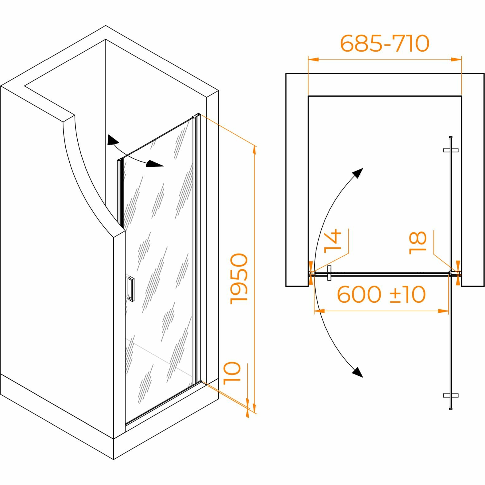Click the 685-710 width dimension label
tap(385, 43)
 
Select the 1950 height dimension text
tap(239, 279)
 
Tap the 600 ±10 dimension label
tap(381, 294)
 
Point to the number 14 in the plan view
tap(333, 240)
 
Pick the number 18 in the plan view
tap(418, 243)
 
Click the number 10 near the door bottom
tap(232, 373)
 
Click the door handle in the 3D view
tap(131, 289)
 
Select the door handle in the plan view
tap(329, 273)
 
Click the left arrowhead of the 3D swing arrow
tap(112, 140)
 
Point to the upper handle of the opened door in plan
tap(451, 150)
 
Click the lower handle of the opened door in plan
tap(451, 395)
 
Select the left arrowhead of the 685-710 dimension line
tap(312, 60)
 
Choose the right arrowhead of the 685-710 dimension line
tap(457, 60)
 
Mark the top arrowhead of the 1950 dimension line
tap(254, 150)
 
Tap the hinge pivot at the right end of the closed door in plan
tap(451, 273)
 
